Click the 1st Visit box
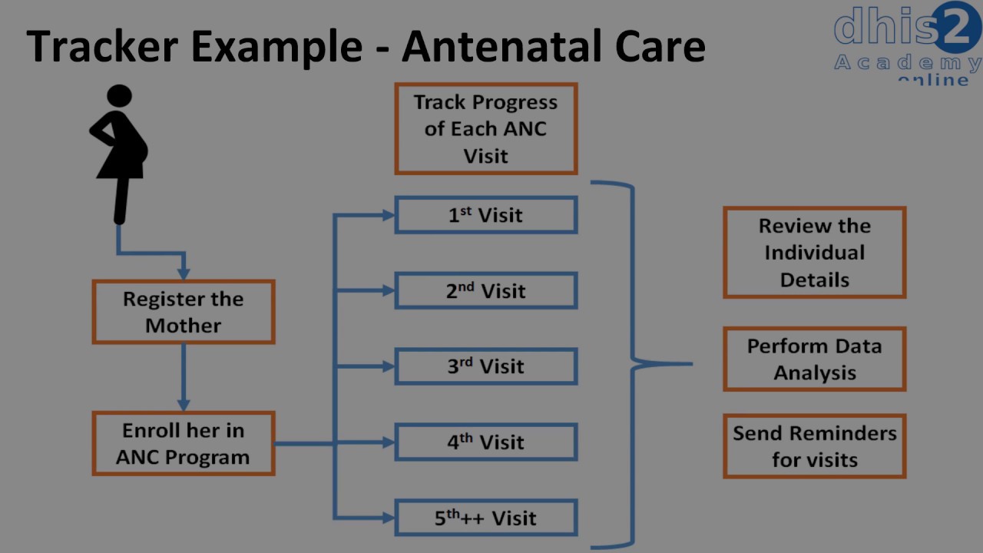485,215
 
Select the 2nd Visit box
485,291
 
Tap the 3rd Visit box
485,366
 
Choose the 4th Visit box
485,442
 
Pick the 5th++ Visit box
485,518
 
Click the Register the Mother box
184,312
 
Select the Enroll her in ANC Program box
184,444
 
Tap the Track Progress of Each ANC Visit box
485,129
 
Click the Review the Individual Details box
814,253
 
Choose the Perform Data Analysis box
814,359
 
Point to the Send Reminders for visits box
814,446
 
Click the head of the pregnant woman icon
119,97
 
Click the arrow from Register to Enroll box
184,376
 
